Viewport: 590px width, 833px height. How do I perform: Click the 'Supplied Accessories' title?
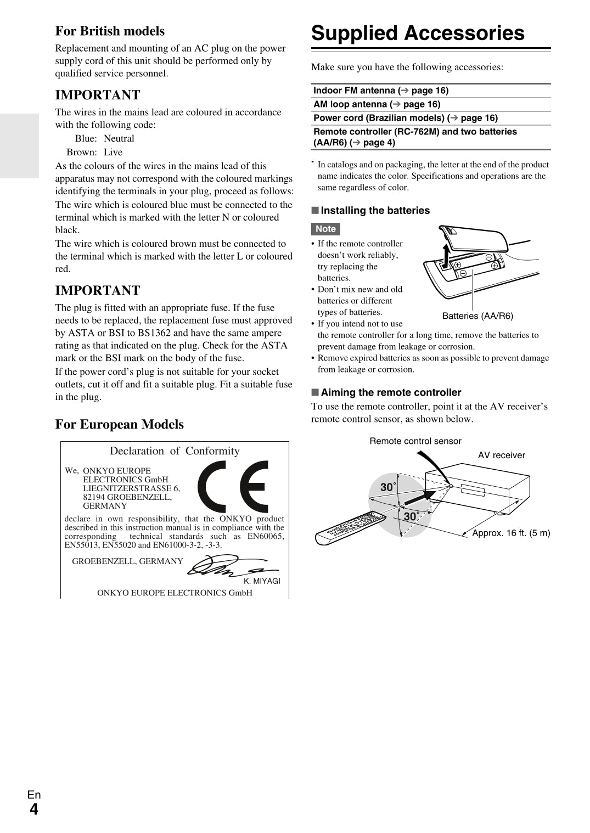(x=418, y=33)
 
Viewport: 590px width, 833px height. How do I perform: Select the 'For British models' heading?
(x=110, y=31)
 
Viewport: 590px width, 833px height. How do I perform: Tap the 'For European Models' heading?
(x=119, y=424)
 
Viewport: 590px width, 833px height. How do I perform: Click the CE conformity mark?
(x=233, y=486)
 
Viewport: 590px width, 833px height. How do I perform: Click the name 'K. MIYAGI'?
(x=262, y=581)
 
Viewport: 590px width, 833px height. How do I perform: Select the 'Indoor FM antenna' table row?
(x=381, y=91)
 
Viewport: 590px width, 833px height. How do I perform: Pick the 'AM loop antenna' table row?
(x=377, y=104)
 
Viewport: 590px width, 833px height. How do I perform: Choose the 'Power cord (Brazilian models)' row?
(x=406, y=118)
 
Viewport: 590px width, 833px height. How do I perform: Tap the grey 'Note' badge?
(x=325, y=229)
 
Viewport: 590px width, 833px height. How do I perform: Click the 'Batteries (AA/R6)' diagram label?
(x=477, y=316)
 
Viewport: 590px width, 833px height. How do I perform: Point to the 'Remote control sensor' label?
(x=415, y=441)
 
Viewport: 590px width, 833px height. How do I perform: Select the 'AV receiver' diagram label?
(x=501, y=455)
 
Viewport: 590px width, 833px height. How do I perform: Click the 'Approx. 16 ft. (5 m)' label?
(x=511, y=533)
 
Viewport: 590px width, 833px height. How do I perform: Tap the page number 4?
(x=34, y=810)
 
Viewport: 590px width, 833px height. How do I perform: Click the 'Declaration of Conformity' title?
(x=175, y=451)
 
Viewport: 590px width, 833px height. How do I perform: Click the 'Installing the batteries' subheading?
(x=375, y=211)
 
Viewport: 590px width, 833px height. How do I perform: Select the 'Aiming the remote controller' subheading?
(x=391, y=392)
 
